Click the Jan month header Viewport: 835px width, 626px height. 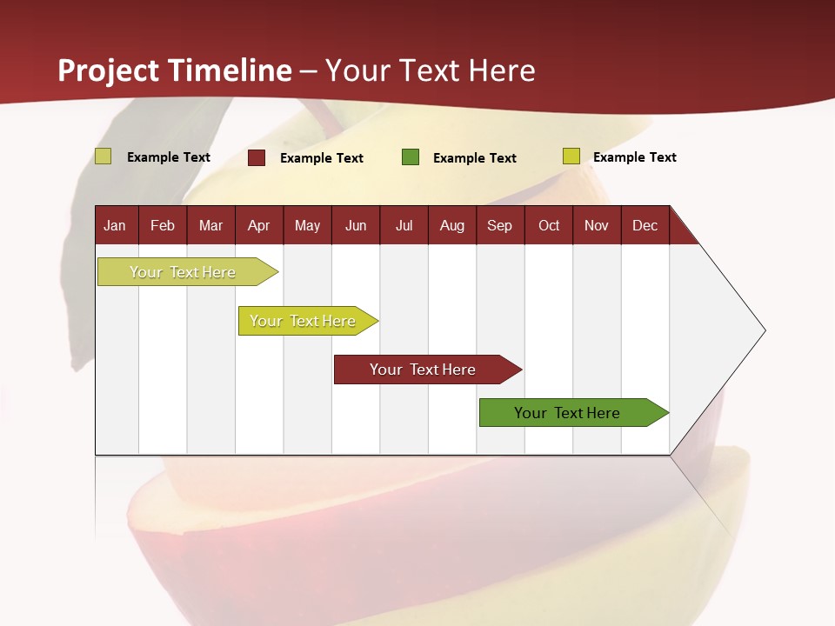coord(115,225)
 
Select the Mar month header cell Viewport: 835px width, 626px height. coord(210,225)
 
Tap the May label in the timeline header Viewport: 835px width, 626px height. coord(307,225)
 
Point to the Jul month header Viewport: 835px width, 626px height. coord(404,225)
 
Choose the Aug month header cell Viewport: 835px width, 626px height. coord(451,225)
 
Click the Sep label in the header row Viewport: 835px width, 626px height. coord(499,225)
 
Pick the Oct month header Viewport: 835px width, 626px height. coord(549,225)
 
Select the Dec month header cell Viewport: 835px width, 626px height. coord(645,225)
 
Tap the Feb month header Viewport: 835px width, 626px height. coord(163,225)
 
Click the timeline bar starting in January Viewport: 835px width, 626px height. coord(183,272)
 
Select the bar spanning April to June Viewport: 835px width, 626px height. coord(303,321)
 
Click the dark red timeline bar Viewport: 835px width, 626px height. coord(423,370)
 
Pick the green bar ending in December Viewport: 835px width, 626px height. coord(567,413)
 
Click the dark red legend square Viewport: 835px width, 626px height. coord(257,157)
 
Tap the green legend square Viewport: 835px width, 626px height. coord(411,157)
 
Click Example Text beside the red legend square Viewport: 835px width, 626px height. coord(322,158)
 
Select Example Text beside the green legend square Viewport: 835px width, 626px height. coord(475,158)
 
